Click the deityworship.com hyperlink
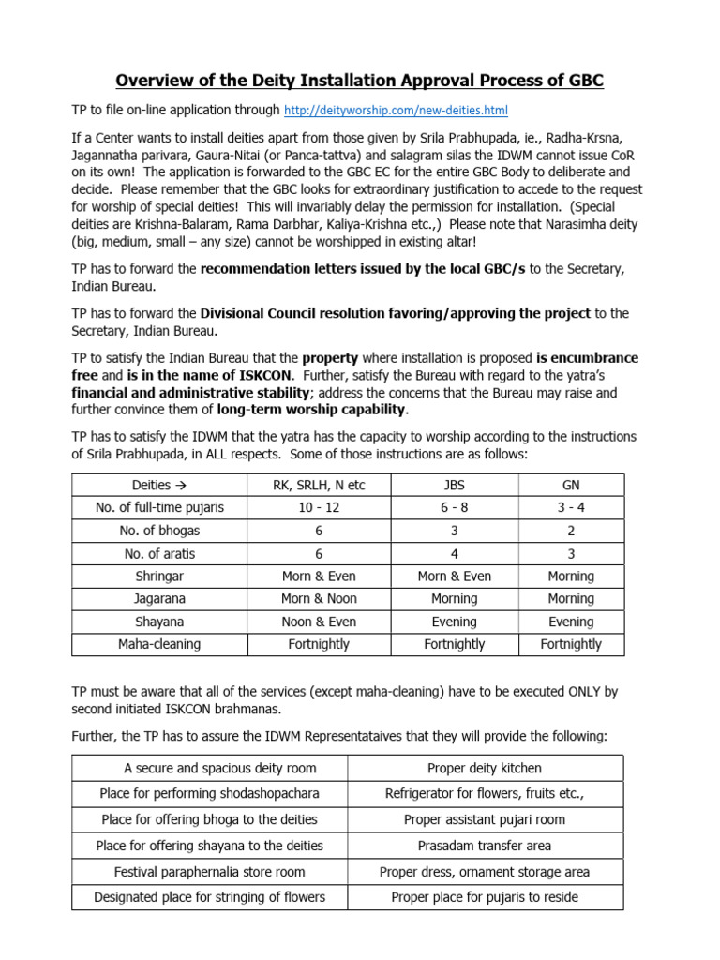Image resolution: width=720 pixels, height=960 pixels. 396,111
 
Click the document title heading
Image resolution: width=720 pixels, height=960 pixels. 360,81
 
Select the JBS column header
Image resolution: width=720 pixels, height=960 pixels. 454,485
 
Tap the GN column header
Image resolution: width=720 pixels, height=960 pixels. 571,485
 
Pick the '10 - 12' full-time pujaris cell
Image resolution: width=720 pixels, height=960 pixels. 319,507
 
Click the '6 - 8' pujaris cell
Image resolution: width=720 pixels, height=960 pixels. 454,507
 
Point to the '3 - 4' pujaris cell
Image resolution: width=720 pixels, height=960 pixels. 571,507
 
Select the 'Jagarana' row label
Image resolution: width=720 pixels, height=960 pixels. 160,598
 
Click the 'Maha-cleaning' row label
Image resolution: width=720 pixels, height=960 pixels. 160,644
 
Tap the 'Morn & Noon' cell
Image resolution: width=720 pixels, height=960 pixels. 319,598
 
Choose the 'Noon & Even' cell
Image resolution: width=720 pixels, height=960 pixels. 319,622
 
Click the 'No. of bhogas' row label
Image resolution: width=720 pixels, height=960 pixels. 160,531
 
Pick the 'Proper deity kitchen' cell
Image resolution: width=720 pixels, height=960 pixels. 485,768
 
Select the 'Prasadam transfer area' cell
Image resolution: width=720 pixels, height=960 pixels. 485,846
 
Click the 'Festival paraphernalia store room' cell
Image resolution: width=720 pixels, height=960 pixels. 210,872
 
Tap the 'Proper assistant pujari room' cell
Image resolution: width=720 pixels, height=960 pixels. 485,819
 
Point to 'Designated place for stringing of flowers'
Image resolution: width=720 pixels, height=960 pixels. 210,897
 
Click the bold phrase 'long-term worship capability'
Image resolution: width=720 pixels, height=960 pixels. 311,410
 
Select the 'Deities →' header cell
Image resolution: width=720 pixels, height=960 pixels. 160,485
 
